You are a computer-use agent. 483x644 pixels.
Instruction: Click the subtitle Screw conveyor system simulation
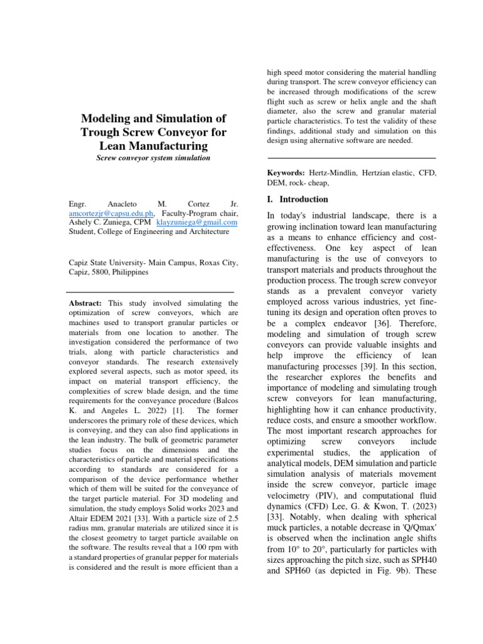[x=153, y=158]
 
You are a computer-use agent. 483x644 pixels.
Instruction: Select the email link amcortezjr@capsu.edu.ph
[x=108, y=213]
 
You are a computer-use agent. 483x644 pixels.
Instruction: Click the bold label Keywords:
[x=287, y=172]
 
